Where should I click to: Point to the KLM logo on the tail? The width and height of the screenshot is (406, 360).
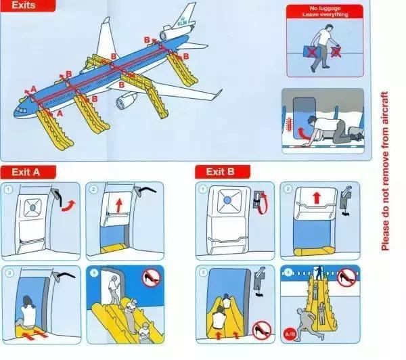[181, 22]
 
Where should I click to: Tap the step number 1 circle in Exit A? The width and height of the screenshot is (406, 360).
[8, 189]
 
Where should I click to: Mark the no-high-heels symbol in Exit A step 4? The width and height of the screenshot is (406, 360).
[150, 277]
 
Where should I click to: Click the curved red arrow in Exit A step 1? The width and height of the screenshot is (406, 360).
[66, 204]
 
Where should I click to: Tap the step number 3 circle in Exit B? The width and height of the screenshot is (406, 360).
[202, 273]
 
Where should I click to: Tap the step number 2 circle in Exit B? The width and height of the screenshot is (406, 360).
[288, 189]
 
